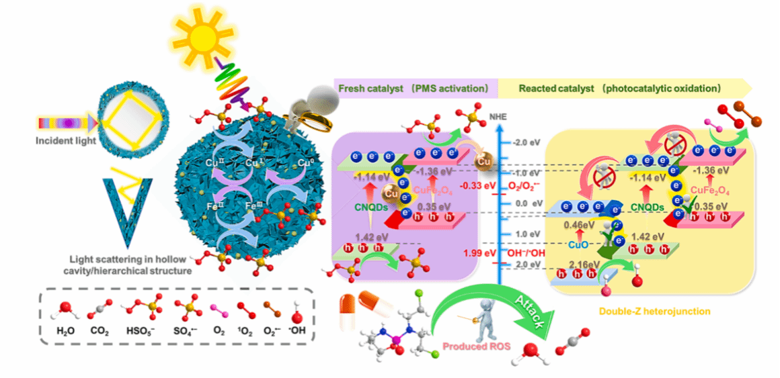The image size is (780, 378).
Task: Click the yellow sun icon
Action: coord(192,31)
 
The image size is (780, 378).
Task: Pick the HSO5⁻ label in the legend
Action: coord(143,330)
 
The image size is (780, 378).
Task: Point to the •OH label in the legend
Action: coord(297,330)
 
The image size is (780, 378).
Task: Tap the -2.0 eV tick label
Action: coord(525,143)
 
